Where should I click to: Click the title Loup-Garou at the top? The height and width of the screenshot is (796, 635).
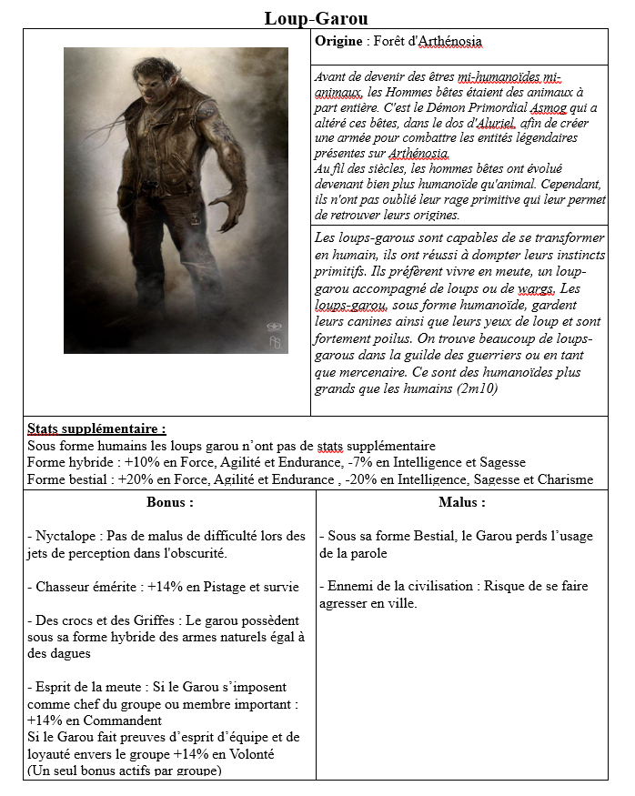[317, 17]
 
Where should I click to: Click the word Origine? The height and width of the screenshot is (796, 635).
[339, 42]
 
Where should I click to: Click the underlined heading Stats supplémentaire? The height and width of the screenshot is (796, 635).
[96, 428]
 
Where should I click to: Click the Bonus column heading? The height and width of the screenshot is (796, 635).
[169, 501]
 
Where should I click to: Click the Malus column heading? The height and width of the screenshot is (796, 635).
[461, 501]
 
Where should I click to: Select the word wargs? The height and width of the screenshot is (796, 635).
[535, 288]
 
